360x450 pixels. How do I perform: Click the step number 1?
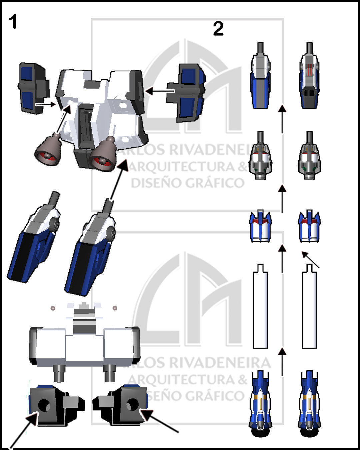tap(13, 22)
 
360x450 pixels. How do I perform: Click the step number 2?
tap(218, 29)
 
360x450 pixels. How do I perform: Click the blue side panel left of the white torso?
tap(32, 88)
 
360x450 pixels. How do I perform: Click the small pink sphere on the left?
tap(53, 308)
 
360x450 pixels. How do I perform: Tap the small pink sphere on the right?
tap(115, 308)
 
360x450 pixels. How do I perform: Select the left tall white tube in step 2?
tap(260, 308)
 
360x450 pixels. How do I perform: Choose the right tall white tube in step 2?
tap(309, 308)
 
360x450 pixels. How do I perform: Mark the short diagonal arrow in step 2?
tap(310, 260)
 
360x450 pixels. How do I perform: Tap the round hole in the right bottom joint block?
tap(132, 404)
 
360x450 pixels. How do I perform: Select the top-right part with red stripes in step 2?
tap(309, 77)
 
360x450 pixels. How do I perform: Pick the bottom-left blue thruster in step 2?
tap(260, 403)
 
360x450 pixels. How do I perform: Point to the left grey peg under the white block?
tap(59, 373)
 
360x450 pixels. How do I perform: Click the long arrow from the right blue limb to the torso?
tap(119, 180)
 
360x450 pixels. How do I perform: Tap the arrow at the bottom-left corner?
tap(23, 430)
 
